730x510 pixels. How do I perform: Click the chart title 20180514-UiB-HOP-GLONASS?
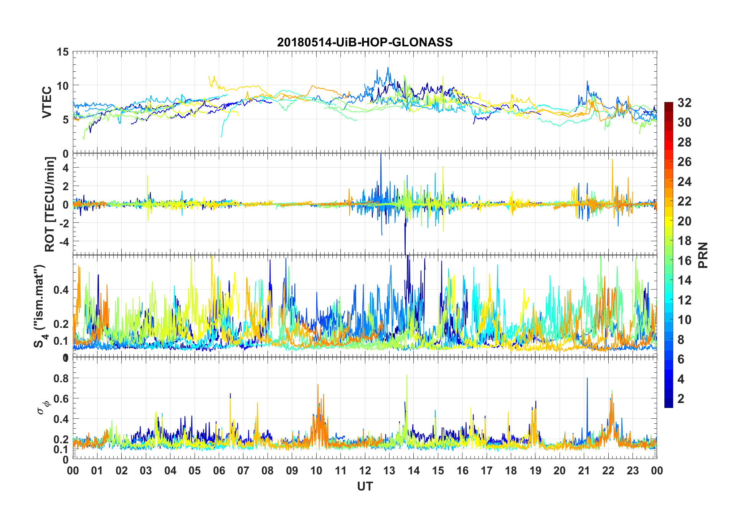365,42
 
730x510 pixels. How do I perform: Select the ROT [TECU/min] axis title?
50,204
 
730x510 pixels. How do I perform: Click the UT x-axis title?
365,486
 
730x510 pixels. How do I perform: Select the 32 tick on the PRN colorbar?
684,103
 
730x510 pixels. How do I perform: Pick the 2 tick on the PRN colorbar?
681,399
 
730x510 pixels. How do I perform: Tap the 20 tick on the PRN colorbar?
684,221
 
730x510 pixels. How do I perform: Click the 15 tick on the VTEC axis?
63,52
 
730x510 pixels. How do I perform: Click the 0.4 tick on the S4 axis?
61,290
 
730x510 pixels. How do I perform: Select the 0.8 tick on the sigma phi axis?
61,378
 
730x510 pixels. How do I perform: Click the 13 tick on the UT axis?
389,471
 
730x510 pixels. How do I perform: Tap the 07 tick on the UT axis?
243,471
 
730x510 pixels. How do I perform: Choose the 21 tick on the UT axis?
584,471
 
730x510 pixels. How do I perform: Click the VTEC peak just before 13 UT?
388,68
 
